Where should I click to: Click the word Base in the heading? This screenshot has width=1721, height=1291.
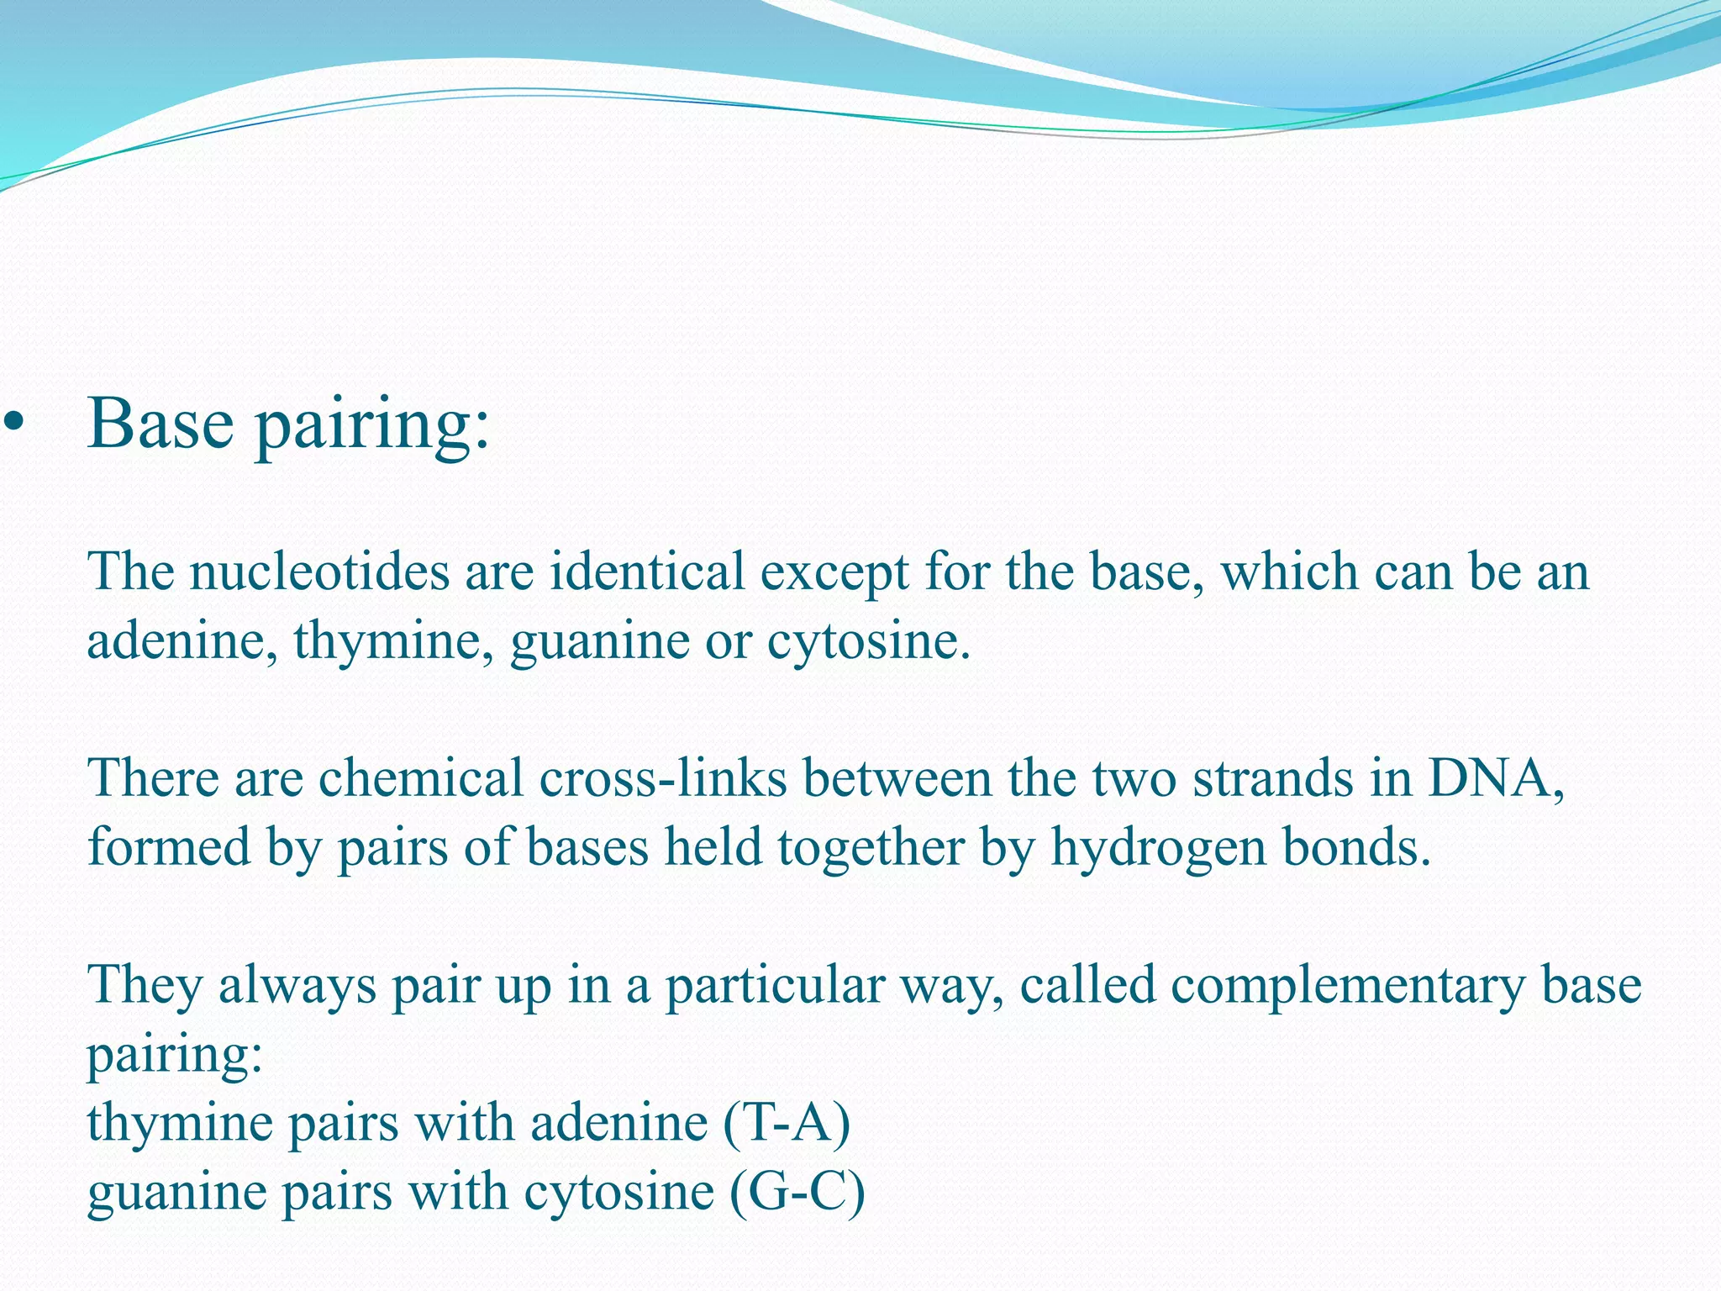tap(160, 424)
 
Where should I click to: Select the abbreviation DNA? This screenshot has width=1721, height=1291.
tap(1492, 778)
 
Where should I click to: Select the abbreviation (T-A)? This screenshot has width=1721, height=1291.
tap(786, 1123)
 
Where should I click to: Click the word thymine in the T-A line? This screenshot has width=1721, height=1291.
tap(180, 1125)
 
